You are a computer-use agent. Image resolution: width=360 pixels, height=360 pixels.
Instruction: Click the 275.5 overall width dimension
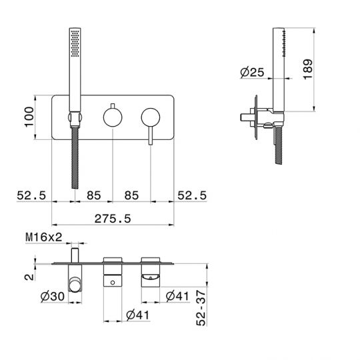coord(113,219)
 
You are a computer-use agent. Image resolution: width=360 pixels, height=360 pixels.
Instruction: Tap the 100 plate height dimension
coord(29,117)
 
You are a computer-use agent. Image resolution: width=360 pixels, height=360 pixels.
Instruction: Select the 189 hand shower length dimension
coord(308,69)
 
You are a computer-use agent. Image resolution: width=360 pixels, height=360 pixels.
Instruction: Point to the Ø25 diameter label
coord(252,72)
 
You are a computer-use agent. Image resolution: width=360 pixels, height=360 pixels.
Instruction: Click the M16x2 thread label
coord(43,237)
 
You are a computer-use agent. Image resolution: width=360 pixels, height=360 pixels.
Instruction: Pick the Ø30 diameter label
coord(53,296)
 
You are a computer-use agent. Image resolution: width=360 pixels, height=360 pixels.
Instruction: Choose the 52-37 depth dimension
coord(201,308)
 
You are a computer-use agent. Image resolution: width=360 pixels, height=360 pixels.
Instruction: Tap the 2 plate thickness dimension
coord(29,277)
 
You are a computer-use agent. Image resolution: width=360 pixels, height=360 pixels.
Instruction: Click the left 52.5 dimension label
coord(31,195)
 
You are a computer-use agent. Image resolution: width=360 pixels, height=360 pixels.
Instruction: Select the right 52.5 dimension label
coord(192,195)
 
